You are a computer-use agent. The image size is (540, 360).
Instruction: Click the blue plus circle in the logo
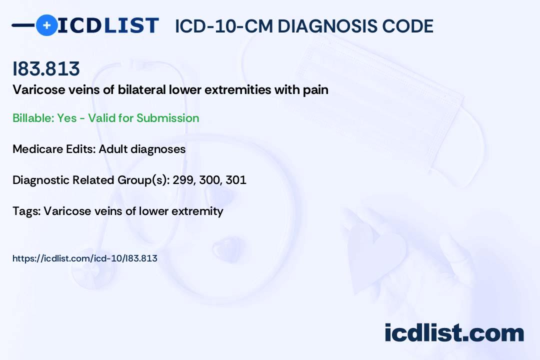pos(46,25)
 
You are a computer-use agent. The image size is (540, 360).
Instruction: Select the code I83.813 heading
pos(46,68)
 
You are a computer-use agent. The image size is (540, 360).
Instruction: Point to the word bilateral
pos(141,89)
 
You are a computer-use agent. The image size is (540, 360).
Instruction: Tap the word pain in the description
pos(315,90)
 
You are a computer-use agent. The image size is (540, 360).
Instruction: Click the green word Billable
pos(33,118)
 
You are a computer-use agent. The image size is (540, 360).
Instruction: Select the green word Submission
pos(167,118)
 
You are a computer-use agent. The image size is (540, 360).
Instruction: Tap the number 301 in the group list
pos(236,180)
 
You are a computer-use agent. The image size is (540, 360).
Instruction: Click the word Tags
pos(26,211)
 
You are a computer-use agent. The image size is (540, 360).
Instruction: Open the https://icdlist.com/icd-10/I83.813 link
pos(84,258)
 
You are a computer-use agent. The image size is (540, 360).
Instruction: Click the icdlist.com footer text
pos(454,332)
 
